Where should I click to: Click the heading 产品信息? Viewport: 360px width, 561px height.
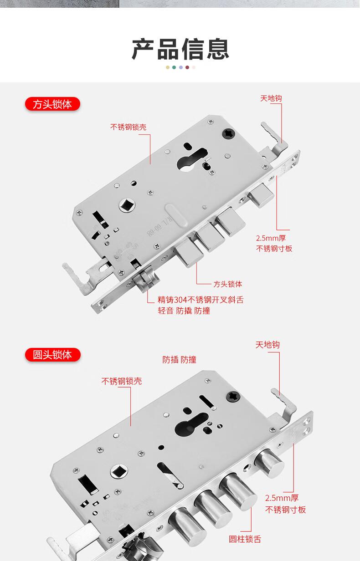[x=180, y=49]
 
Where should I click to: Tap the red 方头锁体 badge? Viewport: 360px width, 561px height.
[x=52, y=104]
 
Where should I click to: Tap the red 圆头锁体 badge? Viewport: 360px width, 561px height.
[x=53, y=355]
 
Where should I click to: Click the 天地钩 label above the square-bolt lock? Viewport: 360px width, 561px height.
[x=271, y=98]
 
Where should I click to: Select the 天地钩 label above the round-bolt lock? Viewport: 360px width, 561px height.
[x=267, y=345]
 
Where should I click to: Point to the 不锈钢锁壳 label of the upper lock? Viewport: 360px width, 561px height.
[x=129, y=127]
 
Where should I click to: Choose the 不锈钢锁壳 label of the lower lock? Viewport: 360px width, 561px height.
[x=122, y=381]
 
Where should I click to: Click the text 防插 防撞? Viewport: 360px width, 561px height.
[x=179, y=360]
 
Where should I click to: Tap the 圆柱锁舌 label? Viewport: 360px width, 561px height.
[x=245, y=539]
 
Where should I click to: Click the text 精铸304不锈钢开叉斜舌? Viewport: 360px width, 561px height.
[x=201, y=300]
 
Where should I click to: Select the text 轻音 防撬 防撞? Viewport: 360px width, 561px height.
[x=184, y=311]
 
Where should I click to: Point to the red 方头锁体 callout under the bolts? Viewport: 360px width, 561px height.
[x=228, y=284]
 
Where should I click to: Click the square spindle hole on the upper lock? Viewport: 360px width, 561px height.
[x=127, y=206]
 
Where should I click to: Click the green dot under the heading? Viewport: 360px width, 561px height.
[x=174, y=67]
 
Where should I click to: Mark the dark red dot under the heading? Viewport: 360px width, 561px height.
[x=187, y=67]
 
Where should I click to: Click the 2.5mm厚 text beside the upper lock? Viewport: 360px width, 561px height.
[x=271, y=238]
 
